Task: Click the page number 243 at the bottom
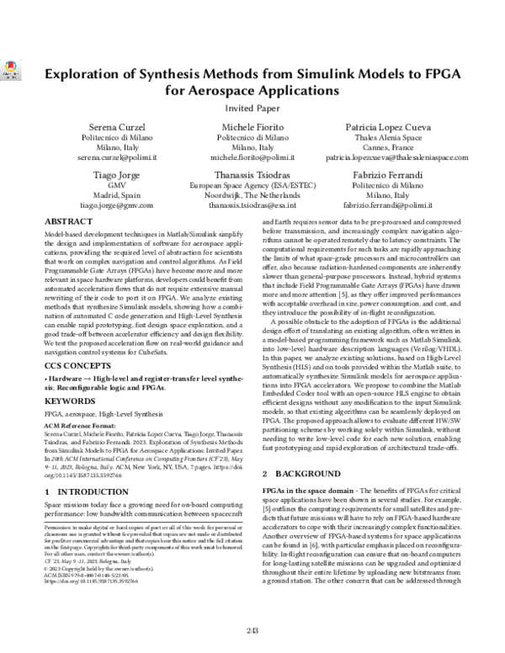tap(252, 631)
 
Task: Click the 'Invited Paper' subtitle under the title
tap(252, 109)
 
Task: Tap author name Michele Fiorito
tap(252, 125)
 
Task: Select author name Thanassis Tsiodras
tap(252, 175)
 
